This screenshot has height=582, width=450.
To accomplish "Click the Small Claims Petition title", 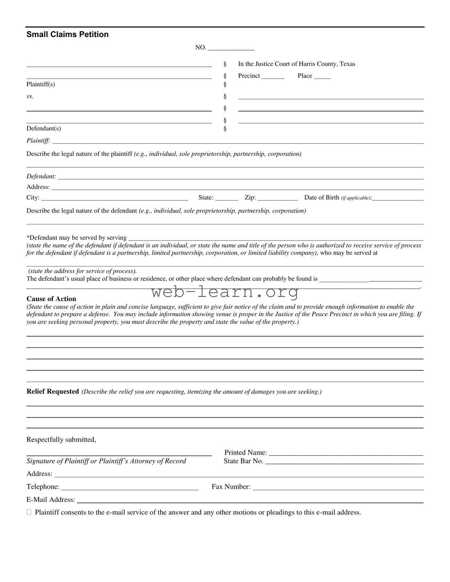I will (x=68, y=34).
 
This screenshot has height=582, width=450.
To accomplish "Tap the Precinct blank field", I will (x=273, y=77).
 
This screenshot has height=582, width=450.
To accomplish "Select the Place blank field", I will (x=322, y=77).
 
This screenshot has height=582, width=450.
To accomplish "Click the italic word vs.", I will (x=30, y=96).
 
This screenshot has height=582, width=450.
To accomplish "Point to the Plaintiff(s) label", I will (x=41, y=84).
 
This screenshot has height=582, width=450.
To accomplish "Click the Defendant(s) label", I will (x=44, y=129).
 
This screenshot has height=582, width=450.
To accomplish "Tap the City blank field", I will (x=114, y=198).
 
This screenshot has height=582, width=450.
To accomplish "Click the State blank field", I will (x=227, y=198).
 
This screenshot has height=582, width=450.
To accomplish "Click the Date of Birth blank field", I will (x=398, y=198).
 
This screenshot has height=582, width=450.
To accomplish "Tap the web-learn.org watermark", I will (x=225, y=292).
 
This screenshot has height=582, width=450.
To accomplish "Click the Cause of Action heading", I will (x=51, y=299).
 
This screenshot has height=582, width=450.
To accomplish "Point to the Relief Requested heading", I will (x=53, y=391).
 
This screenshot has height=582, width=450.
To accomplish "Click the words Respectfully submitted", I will (x=61, y=440).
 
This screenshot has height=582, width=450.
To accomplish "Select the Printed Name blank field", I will (x=346, y=453).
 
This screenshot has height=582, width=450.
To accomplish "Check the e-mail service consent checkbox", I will (x=29, y=512).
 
